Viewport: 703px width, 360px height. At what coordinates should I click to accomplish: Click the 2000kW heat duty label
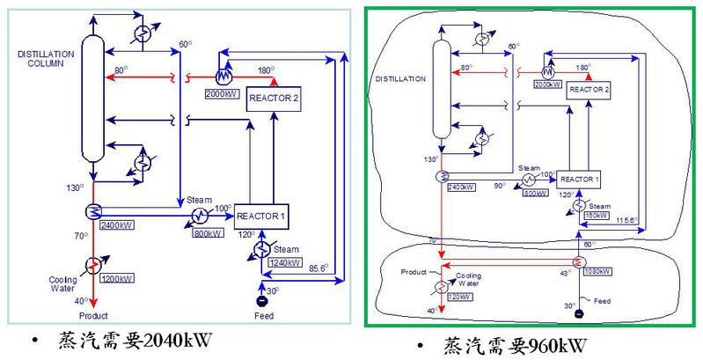click(220, 93)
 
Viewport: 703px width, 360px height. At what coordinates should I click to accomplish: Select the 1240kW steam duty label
click(284, 262)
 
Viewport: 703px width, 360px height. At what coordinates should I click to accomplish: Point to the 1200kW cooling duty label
click(117, 279)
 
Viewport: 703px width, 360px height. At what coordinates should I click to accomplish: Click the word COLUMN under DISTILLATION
click(37, 64)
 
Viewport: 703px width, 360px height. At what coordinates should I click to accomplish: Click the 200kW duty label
click(545, 84)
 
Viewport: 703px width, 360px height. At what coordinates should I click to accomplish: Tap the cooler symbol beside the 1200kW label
click(92, 265)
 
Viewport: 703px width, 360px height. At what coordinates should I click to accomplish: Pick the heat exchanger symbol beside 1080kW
click(578, 261)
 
